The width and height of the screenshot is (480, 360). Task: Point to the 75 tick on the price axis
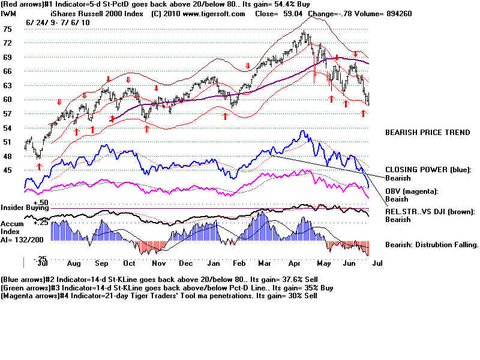(x=8, y=29)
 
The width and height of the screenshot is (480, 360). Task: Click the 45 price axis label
(x=8, y=170)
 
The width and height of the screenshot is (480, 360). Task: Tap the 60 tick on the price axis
(x=8, y=100)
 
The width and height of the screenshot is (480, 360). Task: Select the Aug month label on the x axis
(x=73, y=263)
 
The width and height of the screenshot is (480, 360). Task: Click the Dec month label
(x=186, y=263)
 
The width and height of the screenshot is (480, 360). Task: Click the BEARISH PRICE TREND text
(x=427, y=133)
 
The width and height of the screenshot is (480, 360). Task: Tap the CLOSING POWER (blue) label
(x=428, y=170)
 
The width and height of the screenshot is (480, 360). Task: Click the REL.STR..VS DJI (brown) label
(x=429, y=212)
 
